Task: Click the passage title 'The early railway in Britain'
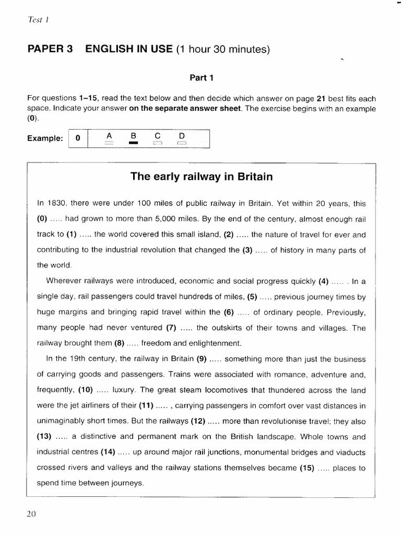(202, 177)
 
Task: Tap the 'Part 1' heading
(202, 78)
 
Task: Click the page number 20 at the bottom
(31, 514)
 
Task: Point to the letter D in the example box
(182, 135)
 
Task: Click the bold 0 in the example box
(78, 139)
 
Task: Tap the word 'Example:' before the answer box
(45, 139)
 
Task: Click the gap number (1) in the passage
(72, 235)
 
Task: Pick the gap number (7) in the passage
(171, 328)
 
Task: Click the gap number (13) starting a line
(46, 437)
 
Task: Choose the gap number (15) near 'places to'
(306, 468)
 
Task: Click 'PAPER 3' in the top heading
(50, 50)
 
